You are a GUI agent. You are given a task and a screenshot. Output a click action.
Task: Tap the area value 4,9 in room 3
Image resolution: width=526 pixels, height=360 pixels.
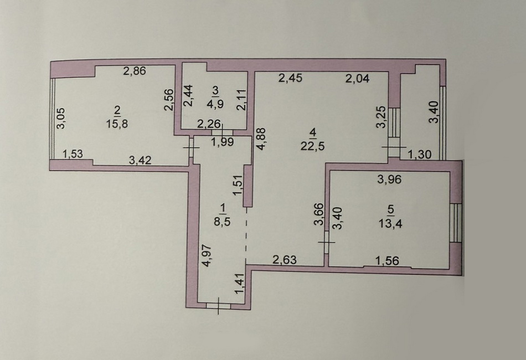pyautogui.click(x=215, y=102)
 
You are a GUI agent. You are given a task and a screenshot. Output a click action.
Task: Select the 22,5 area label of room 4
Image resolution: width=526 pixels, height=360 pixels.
pyautogui.click(x=313, y=146)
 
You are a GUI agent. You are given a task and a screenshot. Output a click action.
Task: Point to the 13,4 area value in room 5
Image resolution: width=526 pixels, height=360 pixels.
pyautogui.click(x=390, y=223)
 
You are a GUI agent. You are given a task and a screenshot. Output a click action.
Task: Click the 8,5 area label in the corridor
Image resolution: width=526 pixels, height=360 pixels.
pyautogui.click(x=223, y=222)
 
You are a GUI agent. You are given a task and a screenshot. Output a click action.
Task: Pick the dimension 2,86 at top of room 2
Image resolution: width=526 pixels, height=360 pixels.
pyautogui.click(x=135, y=71)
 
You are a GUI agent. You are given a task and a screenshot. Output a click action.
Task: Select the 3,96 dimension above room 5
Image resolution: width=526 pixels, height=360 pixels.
pyautogui.click(x=389, y=179)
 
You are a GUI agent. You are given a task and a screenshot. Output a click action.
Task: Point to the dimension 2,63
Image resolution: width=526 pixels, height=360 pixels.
pyautogui.click(x=285, y=260)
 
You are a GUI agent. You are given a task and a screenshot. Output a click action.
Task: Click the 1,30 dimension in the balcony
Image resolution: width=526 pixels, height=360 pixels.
pyautogui.click(x=420, y=155)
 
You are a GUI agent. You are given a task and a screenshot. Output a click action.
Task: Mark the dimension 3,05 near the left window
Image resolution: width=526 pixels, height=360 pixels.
pyautogui.click(x=61, y=119)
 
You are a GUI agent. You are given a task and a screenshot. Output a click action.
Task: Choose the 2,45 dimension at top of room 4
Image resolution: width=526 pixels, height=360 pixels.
pyautogui.click(x=291, y=78)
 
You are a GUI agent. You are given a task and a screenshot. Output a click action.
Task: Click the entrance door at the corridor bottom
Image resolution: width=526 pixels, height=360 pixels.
pyautogui.click(x=218, y=306)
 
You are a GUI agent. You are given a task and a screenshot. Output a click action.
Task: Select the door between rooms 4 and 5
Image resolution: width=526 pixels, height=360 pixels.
pyautogui.click(x=327, y=242)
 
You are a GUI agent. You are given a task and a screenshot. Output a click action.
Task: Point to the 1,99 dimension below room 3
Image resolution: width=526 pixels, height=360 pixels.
pyautogui.click(x=223, y=142)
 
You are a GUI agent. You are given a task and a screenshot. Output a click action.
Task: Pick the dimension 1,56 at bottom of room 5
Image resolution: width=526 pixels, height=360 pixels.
pyautogui.click(x=387, y=261)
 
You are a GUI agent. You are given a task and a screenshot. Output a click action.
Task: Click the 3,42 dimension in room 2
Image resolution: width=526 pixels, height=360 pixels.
pyautogui.click(x=140, y=160)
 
